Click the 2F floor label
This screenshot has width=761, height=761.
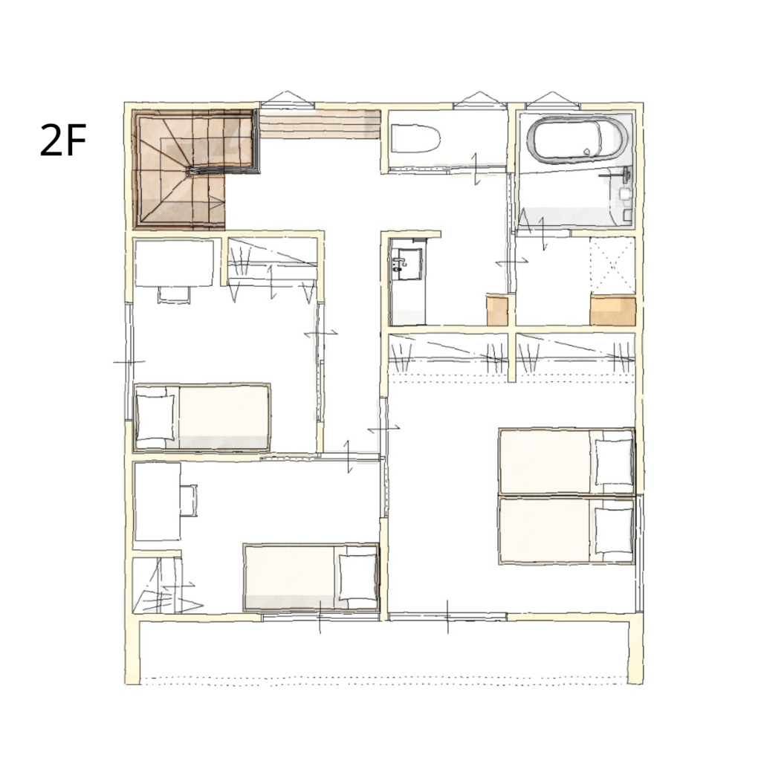[63, 140]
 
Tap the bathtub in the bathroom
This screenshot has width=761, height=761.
[576, 138]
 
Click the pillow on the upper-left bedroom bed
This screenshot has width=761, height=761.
[155, 417]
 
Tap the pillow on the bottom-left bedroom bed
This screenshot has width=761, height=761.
[357, 577]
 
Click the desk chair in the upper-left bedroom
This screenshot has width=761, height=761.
[173, 294]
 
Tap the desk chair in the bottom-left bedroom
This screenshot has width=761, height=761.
[190, 500]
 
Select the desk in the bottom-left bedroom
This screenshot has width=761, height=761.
[158, 502]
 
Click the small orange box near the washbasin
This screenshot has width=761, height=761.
[497, 311]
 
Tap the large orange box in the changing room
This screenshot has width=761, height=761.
[612, 311]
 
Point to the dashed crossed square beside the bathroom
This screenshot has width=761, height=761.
[612, 265]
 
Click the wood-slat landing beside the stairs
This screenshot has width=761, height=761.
[320, 124]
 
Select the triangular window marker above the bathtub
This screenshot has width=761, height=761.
[552, 100]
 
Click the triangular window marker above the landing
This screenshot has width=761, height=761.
[288, 99]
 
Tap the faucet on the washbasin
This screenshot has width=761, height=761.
[399, 264]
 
